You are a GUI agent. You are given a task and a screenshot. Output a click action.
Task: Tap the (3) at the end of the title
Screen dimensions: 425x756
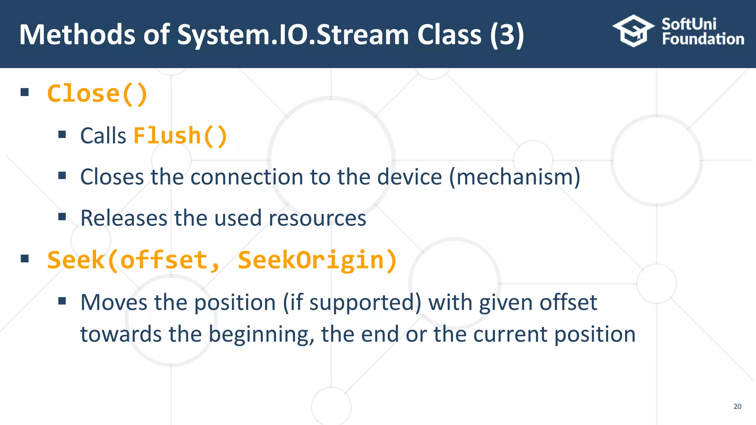(x=507, y=34)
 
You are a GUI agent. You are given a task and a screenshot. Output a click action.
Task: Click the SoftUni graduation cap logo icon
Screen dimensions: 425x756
(x=633, y=31)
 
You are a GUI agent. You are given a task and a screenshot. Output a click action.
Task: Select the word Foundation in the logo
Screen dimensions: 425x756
(x=703, y=39)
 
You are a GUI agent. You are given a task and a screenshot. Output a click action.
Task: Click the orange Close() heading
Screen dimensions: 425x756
(x=97, y=93)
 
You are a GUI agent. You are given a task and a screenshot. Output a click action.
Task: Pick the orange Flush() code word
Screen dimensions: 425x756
(x=180, y=135)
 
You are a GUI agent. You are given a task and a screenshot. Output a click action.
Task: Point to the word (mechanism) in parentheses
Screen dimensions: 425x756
(x=515, y=177)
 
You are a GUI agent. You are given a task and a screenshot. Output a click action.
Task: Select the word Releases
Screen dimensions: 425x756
(x=124, y=218)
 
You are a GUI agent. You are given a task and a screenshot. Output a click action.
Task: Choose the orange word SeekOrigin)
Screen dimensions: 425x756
(x=317, y=260)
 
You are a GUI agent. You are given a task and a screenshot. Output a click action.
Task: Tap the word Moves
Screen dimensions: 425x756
(x=113, y=302)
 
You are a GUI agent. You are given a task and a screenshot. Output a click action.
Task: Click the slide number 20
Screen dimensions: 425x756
(x=737, y=406)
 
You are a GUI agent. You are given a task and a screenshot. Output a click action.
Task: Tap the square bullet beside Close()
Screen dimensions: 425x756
(x=25, y=92)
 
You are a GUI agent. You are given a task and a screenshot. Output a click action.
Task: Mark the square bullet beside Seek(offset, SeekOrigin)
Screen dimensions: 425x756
(x=25, y=259)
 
